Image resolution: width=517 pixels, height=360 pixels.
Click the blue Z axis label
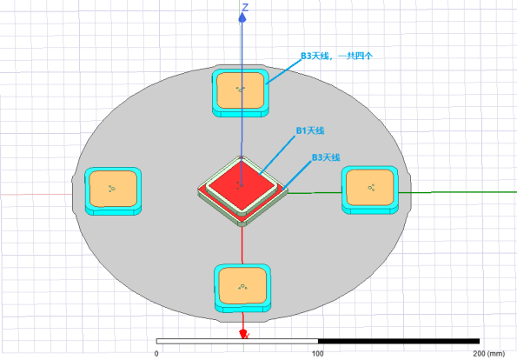pos(245,7)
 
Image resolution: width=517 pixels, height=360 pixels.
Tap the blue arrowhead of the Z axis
pos(242,17)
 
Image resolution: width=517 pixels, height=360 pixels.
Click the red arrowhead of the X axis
pos(243,334)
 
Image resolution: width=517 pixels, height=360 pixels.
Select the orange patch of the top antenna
pos(241,90)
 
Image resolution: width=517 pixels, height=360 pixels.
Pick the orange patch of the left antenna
pos(113,189)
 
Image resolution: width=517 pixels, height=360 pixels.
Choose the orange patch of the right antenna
pos(370,188)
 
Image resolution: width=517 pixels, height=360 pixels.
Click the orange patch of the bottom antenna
pos(242,285)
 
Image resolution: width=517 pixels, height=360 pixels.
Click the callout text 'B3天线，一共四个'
pos(336,56)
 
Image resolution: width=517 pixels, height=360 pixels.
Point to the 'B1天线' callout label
pos(310,130)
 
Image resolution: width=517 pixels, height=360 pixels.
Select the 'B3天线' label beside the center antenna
pos(326,157)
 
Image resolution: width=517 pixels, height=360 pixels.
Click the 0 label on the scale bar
pos(156,353)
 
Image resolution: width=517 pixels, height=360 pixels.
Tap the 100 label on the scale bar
pos(317,353)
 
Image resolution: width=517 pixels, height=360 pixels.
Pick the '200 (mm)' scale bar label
pos(489,353)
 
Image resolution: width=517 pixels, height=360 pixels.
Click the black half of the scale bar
pos(399,341)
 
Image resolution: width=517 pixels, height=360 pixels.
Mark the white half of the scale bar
pos(237,341)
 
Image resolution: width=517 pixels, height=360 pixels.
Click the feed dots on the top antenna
pos(241,89)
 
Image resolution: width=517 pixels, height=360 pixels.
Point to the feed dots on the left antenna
pos(112,189)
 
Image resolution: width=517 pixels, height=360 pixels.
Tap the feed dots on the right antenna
pos(371,188)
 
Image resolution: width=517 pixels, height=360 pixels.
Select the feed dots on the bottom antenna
pos(242,286)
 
